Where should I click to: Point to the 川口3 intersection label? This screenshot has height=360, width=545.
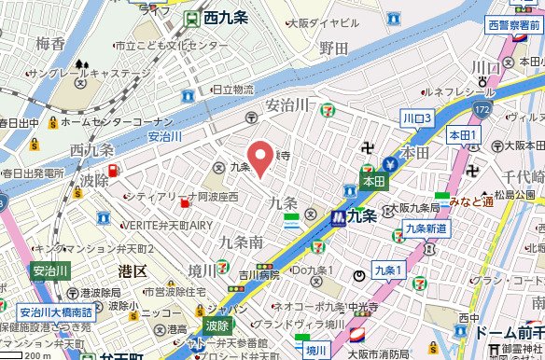(415, 118)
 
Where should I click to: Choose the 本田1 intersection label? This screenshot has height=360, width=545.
(462, 136)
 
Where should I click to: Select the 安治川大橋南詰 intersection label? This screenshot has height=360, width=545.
(55, 312)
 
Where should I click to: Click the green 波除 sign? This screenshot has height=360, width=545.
(217, 326)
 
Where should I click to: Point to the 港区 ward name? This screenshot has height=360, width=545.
(133, 270)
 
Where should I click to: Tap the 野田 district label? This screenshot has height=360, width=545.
(333, 47)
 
